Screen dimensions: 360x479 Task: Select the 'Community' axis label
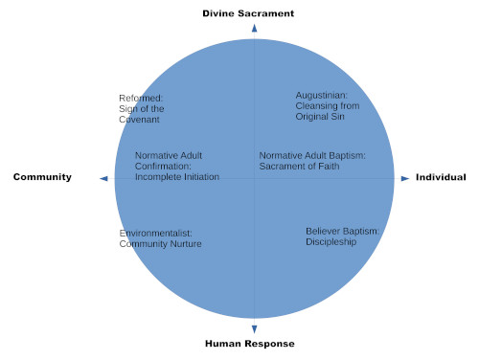(x=42, y=177)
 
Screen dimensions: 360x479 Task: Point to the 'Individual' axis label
(x=441, y=177)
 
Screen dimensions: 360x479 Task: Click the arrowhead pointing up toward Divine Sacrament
(x=254, y=29)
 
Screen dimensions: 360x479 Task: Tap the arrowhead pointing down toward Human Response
(x=254, y=328)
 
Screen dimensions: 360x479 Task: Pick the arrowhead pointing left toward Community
(x=103, y=178)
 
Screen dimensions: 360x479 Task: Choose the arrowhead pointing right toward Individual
(x=405, y=178)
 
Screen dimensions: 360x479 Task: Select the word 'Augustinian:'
(x=322, y=95)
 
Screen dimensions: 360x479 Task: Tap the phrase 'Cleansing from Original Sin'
(x=320, y=111)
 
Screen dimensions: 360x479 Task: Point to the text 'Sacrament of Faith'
(x=299, y=166)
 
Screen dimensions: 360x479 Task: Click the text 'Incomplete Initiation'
(x=177, y=176)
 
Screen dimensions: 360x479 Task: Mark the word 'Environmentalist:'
(x=156, y=233)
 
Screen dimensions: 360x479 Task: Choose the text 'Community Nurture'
(x=160, y=244)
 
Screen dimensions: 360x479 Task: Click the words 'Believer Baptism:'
(x=343, y=231)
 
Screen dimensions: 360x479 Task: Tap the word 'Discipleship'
(x=331, y=242)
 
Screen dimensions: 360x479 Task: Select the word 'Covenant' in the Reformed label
(x=138, y=121)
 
